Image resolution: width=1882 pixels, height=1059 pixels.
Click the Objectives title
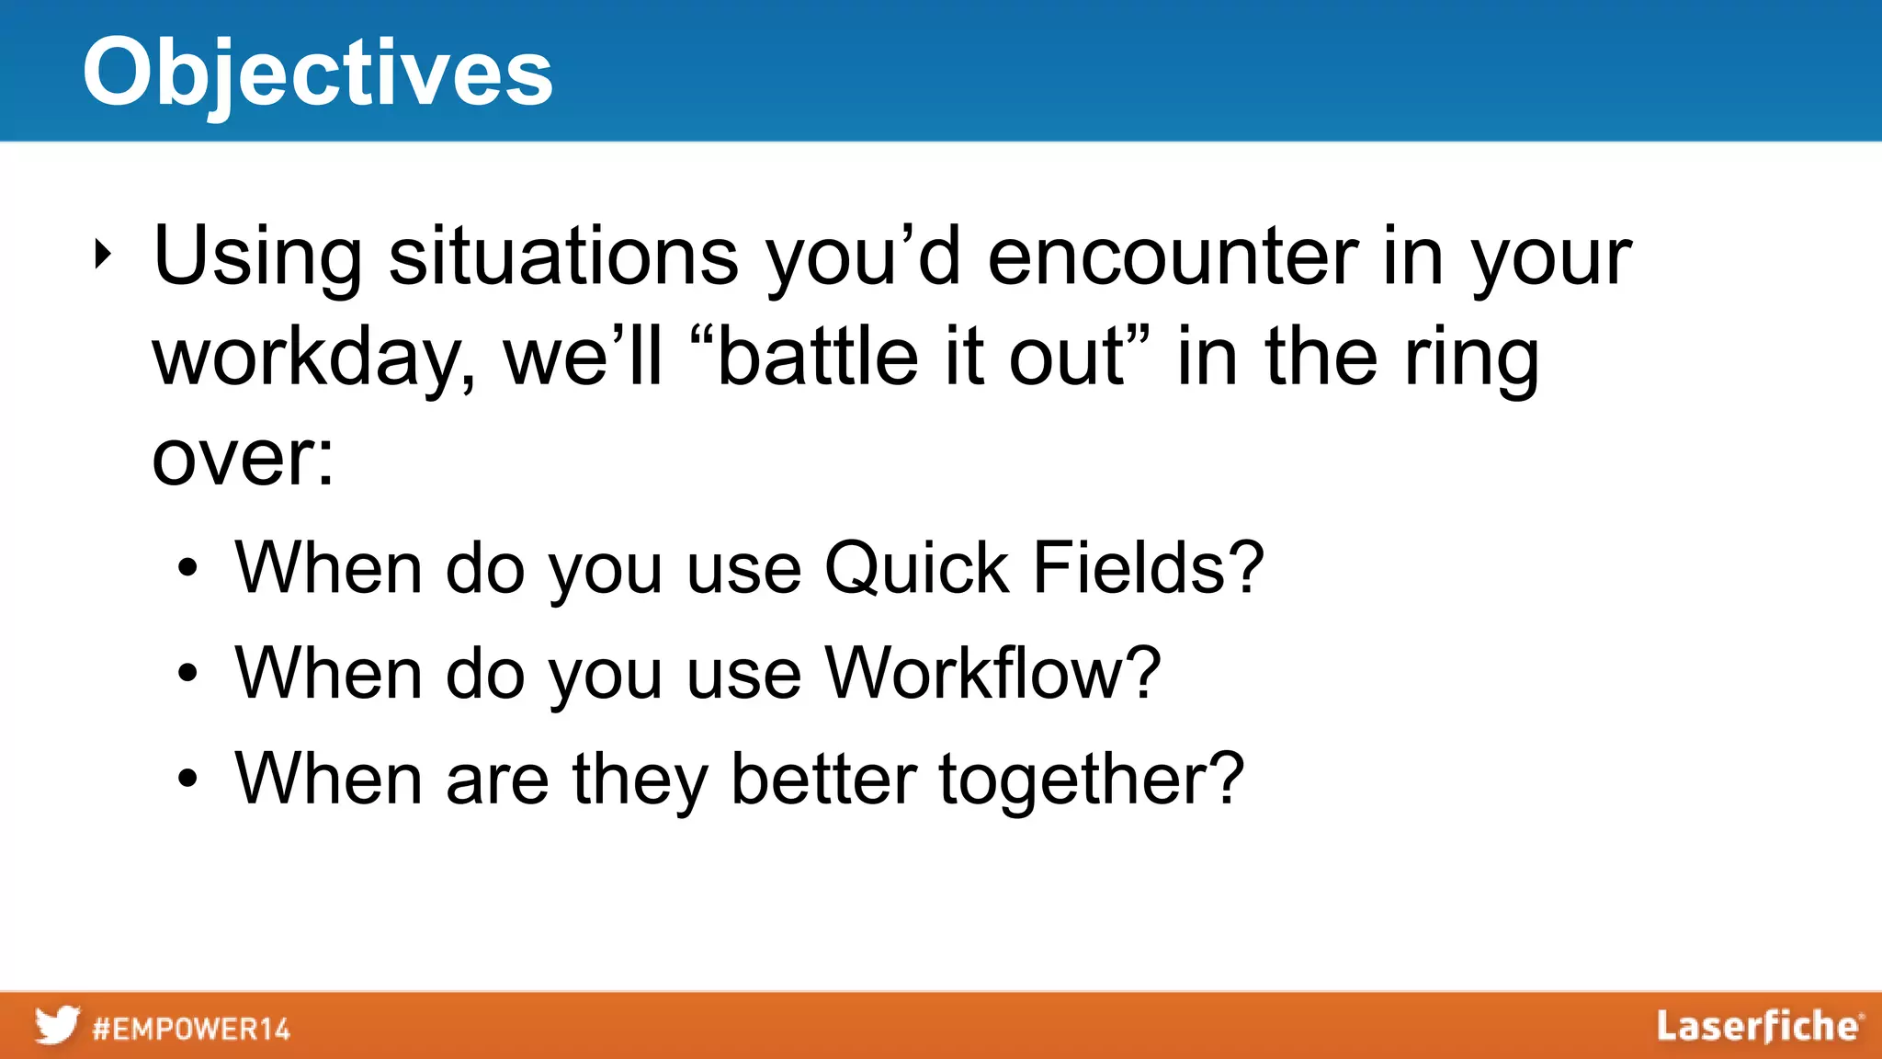(318, 74)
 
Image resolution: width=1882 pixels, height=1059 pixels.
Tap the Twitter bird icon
(57, 1026)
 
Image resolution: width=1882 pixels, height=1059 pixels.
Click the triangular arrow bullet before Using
(103, 255)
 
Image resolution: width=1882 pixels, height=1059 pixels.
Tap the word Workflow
(992, 673)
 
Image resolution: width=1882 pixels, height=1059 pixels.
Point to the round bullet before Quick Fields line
(187, 569)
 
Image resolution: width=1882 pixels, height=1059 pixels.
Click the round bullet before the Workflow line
(187, 674)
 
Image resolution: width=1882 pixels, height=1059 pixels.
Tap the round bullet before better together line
(187, 780)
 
